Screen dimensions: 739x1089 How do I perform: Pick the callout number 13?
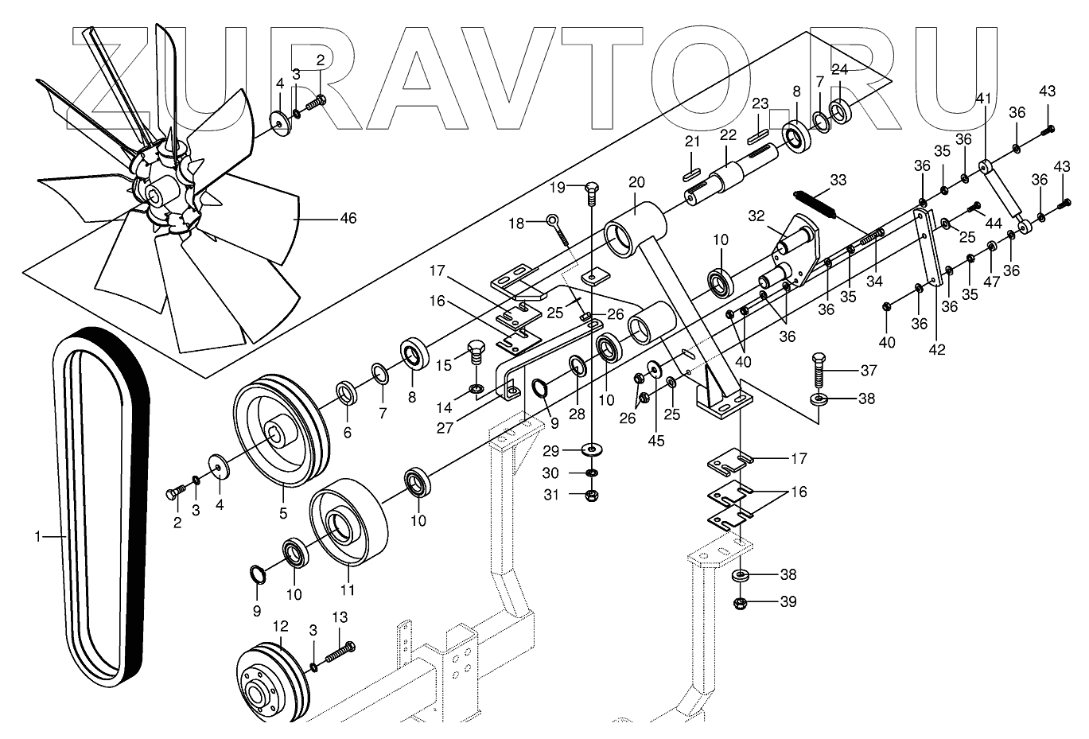coord(340,617)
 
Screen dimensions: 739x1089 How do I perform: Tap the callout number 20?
coord(636,181)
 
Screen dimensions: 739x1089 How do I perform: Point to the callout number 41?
coord(983,99)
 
